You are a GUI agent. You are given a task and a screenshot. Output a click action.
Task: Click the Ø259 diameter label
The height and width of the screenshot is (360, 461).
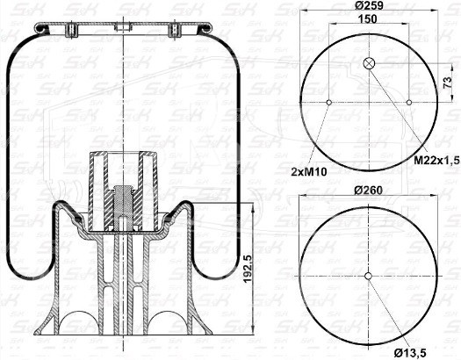[369, 5]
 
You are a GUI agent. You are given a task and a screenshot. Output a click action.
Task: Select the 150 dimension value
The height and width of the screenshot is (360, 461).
[368, 18]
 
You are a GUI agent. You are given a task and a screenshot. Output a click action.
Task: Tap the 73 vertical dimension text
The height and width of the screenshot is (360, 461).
[447, 83]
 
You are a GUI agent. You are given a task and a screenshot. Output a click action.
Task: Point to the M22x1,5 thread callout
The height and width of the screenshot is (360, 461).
[436, 160]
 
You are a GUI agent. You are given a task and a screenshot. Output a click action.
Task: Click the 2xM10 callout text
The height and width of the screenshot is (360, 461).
[309, 171]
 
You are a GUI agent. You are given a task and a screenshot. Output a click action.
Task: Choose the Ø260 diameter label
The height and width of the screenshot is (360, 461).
[368, 191]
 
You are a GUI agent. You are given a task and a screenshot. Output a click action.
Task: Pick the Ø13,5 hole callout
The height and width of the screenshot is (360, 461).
[410, 353]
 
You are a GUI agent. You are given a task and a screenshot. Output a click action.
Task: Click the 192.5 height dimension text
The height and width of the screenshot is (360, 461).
[248, 269]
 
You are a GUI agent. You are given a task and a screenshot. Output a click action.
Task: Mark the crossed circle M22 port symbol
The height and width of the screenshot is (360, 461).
[369, 63]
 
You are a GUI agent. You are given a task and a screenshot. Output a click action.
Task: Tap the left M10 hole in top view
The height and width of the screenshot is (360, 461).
[329, 102]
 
